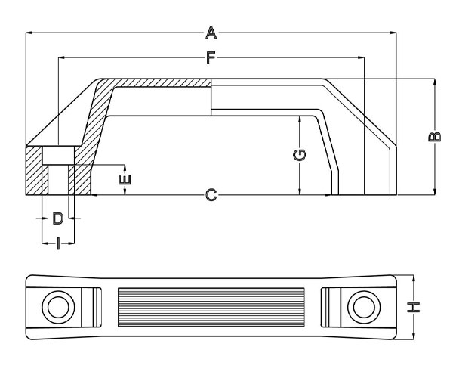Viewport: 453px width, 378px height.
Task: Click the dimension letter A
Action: pos(211,33)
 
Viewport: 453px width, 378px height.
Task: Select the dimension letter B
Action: pos(434,137)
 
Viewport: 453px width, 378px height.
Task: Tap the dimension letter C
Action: pos(211,195)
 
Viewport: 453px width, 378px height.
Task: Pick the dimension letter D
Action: pos(57,219)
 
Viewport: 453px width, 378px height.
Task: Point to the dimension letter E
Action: pos(125,179)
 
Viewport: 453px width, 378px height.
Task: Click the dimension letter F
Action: pos(211,57)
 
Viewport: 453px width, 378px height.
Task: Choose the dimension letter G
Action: pos(300,156)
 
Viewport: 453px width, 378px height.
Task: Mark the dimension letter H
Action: pos(413,307)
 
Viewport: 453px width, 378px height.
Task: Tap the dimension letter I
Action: pos(57,243)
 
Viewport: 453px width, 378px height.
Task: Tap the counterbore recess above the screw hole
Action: pos(57,156)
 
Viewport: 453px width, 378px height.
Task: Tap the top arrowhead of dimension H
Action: pos(413,277)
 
